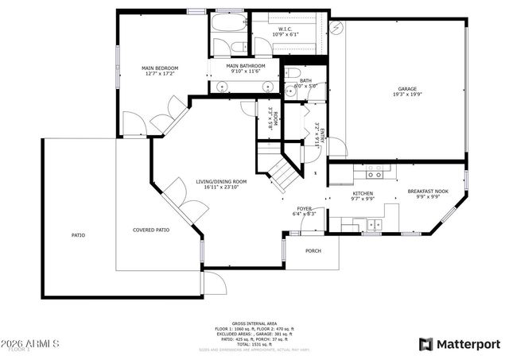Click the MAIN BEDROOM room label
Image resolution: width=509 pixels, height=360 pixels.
pyautogui.click(x=160, y=68)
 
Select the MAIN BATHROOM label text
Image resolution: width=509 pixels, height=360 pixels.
pyautogui.click(x=244, y=66)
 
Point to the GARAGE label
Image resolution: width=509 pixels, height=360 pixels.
pyautogui.click(x=407, y=88)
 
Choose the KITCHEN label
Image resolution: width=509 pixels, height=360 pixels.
pyautogui.click(x=363, y=193)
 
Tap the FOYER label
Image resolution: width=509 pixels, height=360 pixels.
pyautogui.click(x=305, y=208)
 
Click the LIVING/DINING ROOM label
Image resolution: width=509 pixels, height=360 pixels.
pyautogui.click(x=221, y=182)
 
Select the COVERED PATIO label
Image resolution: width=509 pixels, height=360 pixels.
pyautogui.click(x=150, y=230)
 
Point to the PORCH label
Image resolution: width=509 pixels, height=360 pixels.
pyautogui.click(x=314, y=250)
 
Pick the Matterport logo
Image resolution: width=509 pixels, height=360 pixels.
pyautogui.click(x=459, y=343)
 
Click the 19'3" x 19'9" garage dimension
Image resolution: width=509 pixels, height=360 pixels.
pyautogui.click(x=407, y=95)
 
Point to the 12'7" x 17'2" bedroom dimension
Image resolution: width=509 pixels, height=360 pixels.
pyautogui.click(x=160, y=75)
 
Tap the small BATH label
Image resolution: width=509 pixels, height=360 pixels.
pyautogui.click(x=305, y=79)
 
